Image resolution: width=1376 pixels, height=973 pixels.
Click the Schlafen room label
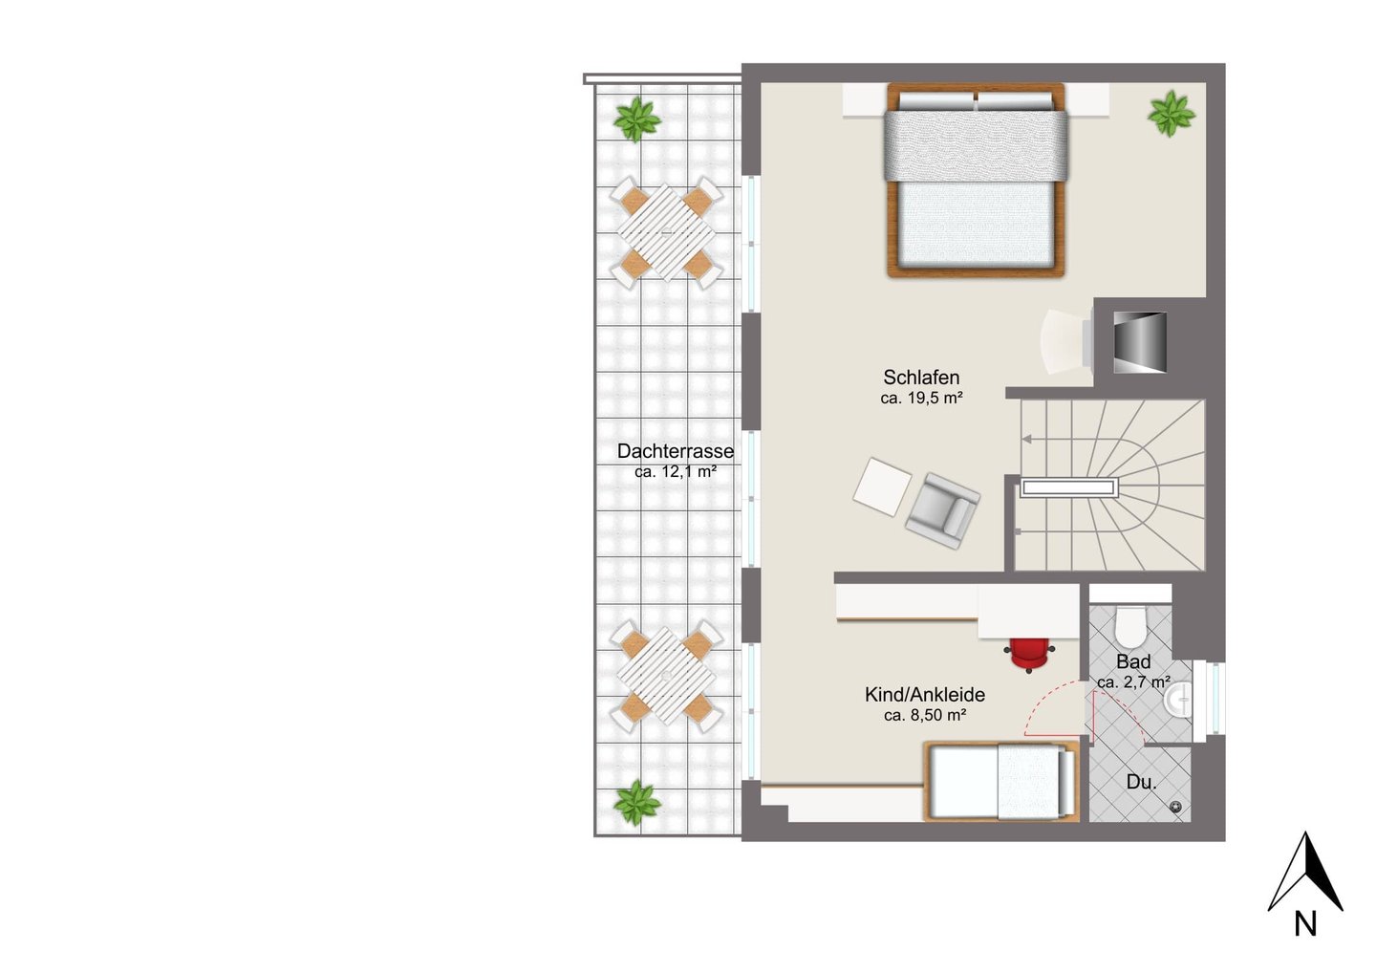click(921, 377)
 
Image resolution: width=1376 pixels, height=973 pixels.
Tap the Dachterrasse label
click(675, 451)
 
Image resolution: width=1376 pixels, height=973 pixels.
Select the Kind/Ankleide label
click(925, 694)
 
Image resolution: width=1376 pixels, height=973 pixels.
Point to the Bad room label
click(1133, 661)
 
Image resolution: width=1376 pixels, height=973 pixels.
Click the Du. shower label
click(1141, 782)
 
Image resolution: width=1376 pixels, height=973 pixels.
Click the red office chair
click(1029, 654)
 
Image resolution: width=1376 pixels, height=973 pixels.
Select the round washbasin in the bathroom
click(1177, 700)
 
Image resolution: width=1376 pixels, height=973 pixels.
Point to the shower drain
click(1176, 807)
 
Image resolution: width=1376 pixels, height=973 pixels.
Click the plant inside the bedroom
click(1171, 113)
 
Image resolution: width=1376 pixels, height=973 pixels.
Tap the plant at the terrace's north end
click(637, 119)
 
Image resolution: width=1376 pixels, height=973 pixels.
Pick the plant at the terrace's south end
click(637, 803)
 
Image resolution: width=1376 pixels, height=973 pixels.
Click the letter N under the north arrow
click(1306, 924)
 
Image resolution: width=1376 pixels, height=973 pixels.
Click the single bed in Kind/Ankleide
click(1001, 781)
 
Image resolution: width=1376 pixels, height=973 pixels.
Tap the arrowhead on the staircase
click(1026, 440)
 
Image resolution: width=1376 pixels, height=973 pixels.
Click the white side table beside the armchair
click(882, 487)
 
